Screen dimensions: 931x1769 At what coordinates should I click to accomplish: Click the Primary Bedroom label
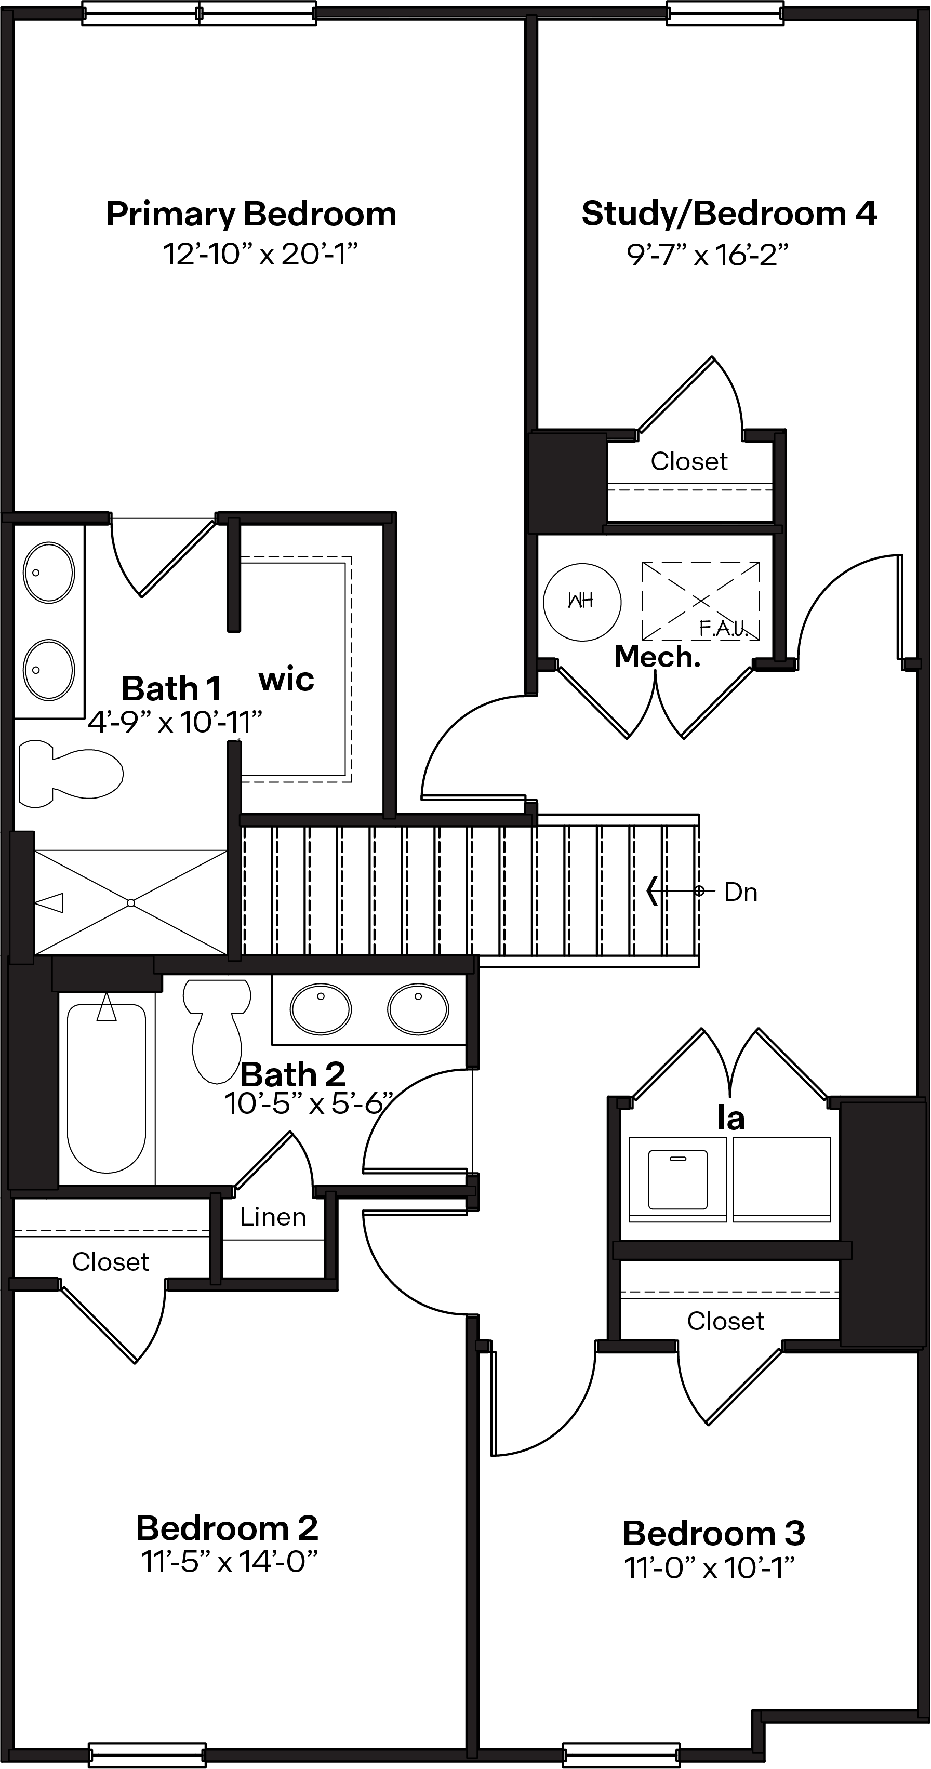point(251,214)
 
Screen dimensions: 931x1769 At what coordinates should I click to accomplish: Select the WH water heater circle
point(582,602)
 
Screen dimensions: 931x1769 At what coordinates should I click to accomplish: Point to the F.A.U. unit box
point(701,601)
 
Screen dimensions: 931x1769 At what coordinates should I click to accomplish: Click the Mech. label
point(657,657)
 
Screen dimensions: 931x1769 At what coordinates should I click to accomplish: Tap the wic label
point(286,680)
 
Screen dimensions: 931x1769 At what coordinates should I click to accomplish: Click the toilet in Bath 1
point(70,773)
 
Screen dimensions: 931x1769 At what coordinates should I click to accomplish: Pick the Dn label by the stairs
point(741,892)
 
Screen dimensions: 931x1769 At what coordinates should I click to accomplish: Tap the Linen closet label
point(273,1217)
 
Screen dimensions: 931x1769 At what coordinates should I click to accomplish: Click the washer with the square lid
point(677,1180)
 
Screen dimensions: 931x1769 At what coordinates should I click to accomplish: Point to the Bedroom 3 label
point(714,1534)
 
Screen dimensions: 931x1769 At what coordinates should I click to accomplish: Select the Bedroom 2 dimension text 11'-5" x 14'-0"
point(229,1562)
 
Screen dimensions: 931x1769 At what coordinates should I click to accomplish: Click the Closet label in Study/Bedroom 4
point(688,461)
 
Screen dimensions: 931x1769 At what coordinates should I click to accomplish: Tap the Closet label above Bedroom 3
point(725,1321)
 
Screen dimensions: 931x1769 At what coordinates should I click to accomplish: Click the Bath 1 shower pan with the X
point(130,902)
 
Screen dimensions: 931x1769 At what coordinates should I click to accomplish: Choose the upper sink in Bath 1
point(49,573)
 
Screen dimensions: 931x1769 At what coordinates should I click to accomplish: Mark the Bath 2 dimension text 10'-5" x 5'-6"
point(309,1104)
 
